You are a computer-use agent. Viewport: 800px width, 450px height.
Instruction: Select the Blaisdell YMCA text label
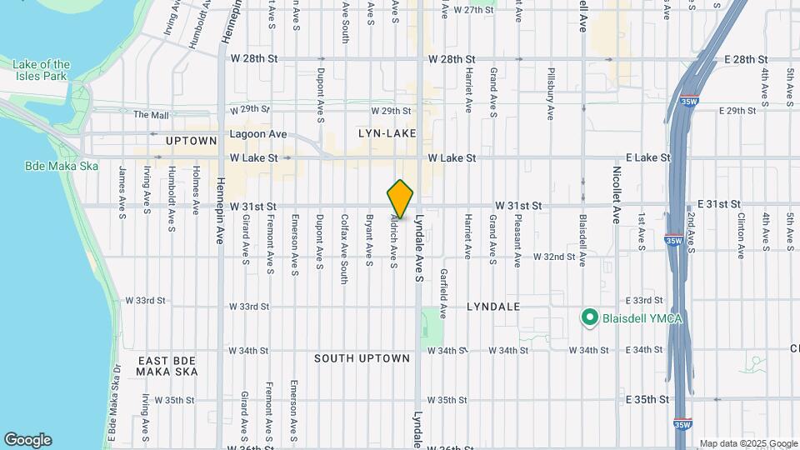pyautogui.click(x=638, y=317)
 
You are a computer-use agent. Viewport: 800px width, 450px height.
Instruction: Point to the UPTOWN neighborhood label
pyautogui.click(x=191, y=141)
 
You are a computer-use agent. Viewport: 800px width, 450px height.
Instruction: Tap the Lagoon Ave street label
pyautogui.click(x=258, y=134)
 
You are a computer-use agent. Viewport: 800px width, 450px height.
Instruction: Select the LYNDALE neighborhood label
pyautogui.click(x=493, y=307)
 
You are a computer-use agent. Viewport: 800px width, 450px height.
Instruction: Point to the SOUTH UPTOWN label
pyautogui.click(x=362, y=358)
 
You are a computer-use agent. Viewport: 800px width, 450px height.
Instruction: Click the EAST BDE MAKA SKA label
pyautogui.click(x=168, y=366)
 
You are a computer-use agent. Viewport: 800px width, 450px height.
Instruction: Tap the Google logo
pyautogui.click(x=27, y=440)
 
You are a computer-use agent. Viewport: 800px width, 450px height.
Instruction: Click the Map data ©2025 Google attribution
pyautogui.click(x=747, y=443)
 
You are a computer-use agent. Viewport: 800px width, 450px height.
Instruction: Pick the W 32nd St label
pyautogui.click(x=554, y=257)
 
